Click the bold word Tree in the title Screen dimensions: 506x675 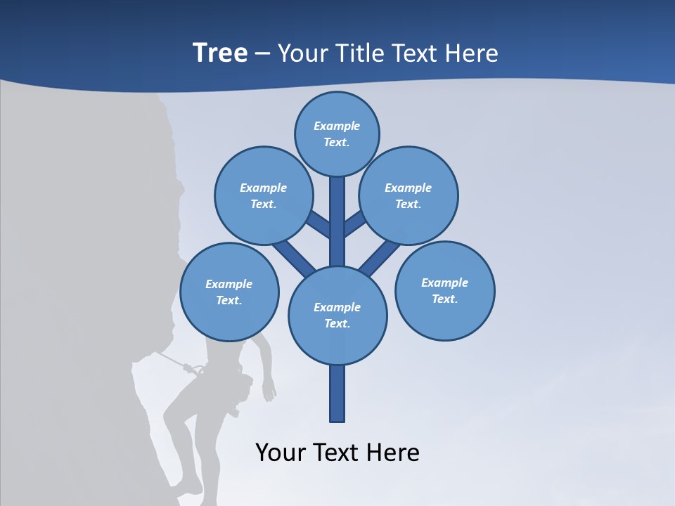tap(220, 53)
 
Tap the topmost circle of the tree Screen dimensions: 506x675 tap(337, 134)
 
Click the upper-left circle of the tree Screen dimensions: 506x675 tap(263, 195)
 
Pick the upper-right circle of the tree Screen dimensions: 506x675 tap(408, 195)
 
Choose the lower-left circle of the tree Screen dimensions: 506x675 tap(229, 292)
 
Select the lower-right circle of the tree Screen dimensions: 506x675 tap(444, 290)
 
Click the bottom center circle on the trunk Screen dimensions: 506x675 tap(337, 315)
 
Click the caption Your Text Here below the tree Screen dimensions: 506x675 tap(337, 452)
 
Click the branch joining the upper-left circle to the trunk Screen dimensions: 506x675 tap(319, 223)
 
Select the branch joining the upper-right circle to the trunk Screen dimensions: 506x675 tap(356, 223)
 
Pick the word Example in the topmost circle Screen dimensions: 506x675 tap(337, 126)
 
